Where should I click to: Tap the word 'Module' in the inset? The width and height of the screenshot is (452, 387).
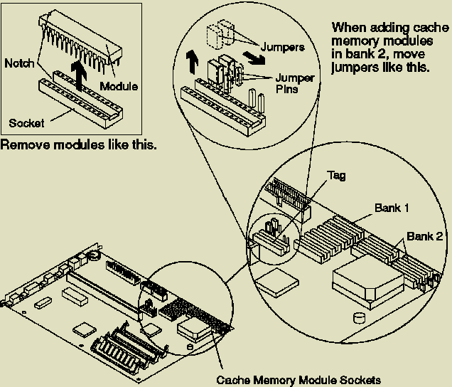click(x=119, y=87)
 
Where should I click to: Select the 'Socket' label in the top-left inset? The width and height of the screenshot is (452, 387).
click(x=26, y=123)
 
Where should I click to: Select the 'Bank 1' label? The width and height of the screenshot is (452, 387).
click(x=390, y=209)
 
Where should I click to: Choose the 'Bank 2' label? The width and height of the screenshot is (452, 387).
click(x=424, y=235)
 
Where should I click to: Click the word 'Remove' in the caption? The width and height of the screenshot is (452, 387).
click(x=22, y=145)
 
